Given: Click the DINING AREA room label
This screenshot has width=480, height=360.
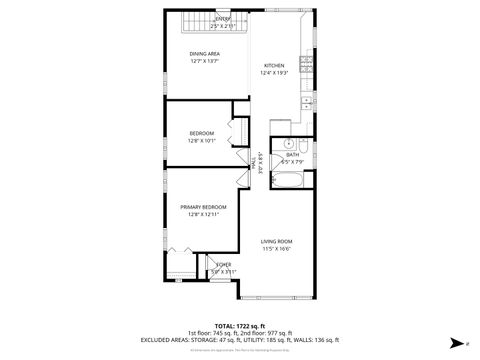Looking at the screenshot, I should click(205, 53).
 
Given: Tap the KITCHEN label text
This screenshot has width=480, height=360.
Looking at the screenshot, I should click(274, 66).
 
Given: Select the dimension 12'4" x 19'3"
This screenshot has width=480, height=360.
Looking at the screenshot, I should click(274, 73).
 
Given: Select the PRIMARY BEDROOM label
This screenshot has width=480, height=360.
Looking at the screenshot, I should click(204, 207).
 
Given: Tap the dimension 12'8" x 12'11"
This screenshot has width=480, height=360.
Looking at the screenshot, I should click(204, 214).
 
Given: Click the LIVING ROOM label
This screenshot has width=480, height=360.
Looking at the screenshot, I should click(277, 241).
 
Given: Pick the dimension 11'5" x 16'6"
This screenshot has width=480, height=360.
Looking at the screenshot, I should click(277, 248).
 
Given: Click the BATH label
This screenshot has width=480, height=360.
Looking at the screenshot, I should click(292, 155).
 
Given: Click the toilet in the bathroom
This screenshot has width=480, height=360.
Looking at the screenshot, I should click(305, 146).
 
